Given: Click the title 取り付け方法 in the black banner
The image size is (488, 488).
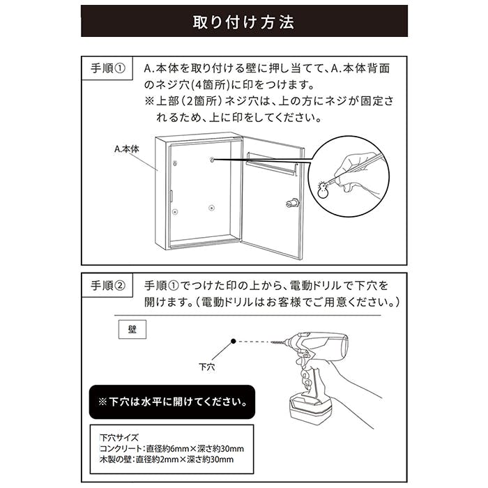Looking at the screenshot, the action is point(243,22).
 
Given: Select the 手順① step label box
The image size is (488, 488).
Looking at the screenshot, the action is point(107,68).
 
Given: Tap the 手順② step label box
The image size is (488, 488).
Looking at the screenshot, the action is point(107,285).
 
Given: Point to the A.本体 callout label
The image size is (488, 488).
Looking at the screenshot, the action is point(127,148).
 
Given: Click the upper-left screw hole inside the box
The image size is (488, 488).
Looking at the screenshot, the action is point(175,163).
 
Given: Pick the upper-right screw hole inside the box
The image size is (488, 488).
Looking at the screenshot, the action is point(212,160).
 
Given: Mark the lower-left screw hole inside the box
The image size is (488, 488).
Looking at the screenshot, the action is point(175,212).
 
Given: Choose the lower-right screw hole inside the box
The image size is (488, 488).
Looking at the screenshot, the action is point(212,208).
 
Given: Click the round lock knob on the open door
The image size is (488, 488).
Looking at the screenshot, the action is point(292,204).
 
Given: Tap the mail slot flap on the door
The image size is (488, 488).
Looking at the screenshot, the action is point(271,167).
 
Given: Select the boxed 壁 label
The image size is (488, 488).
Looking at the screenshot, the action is point(132,329).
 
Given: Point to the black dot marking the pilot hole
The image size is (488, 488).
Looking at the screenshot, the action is point(234,341).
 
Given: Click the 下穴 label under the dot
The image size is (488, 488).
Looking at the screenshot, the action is point(206,367).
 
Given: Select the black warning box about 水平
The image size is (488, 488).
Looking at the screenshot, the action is point(172,402).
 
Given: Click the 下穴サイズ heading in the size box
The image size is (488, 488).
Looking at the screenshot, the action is point(119,438).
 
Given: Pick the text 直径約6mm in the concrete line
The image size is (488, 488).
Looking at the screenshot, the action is point(167,448).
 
